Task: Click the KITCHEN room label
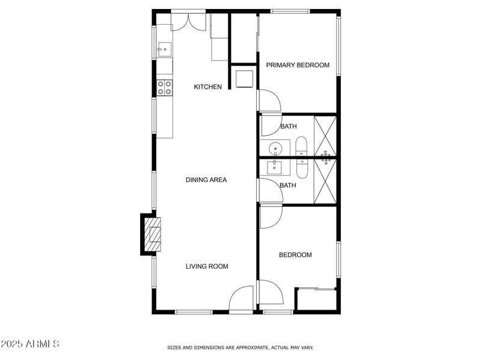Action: tap(207, 87)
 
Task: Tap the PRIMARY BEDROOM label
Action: tap(298, 65)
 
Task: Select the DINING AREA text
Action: tap(206, 180)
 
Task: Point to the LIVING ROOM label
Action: tap(207, 266)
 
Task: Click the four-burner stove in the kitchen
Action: tap(165, 87)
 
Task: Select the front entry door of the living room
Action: tap(241, 299)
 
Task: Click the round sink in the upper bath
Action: tap(276, 148)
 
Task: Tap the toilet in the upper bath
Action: tap(301, 147)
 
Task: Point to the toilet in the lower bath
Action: tap(301, 168)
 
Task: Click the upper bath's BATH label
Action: tap(289, 126)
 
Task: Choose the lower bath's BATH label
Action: tap(288, 186)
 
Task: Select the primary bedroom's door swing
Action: tap(269, 101)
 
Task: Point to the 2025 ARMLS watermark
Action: tap(30, 344)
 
